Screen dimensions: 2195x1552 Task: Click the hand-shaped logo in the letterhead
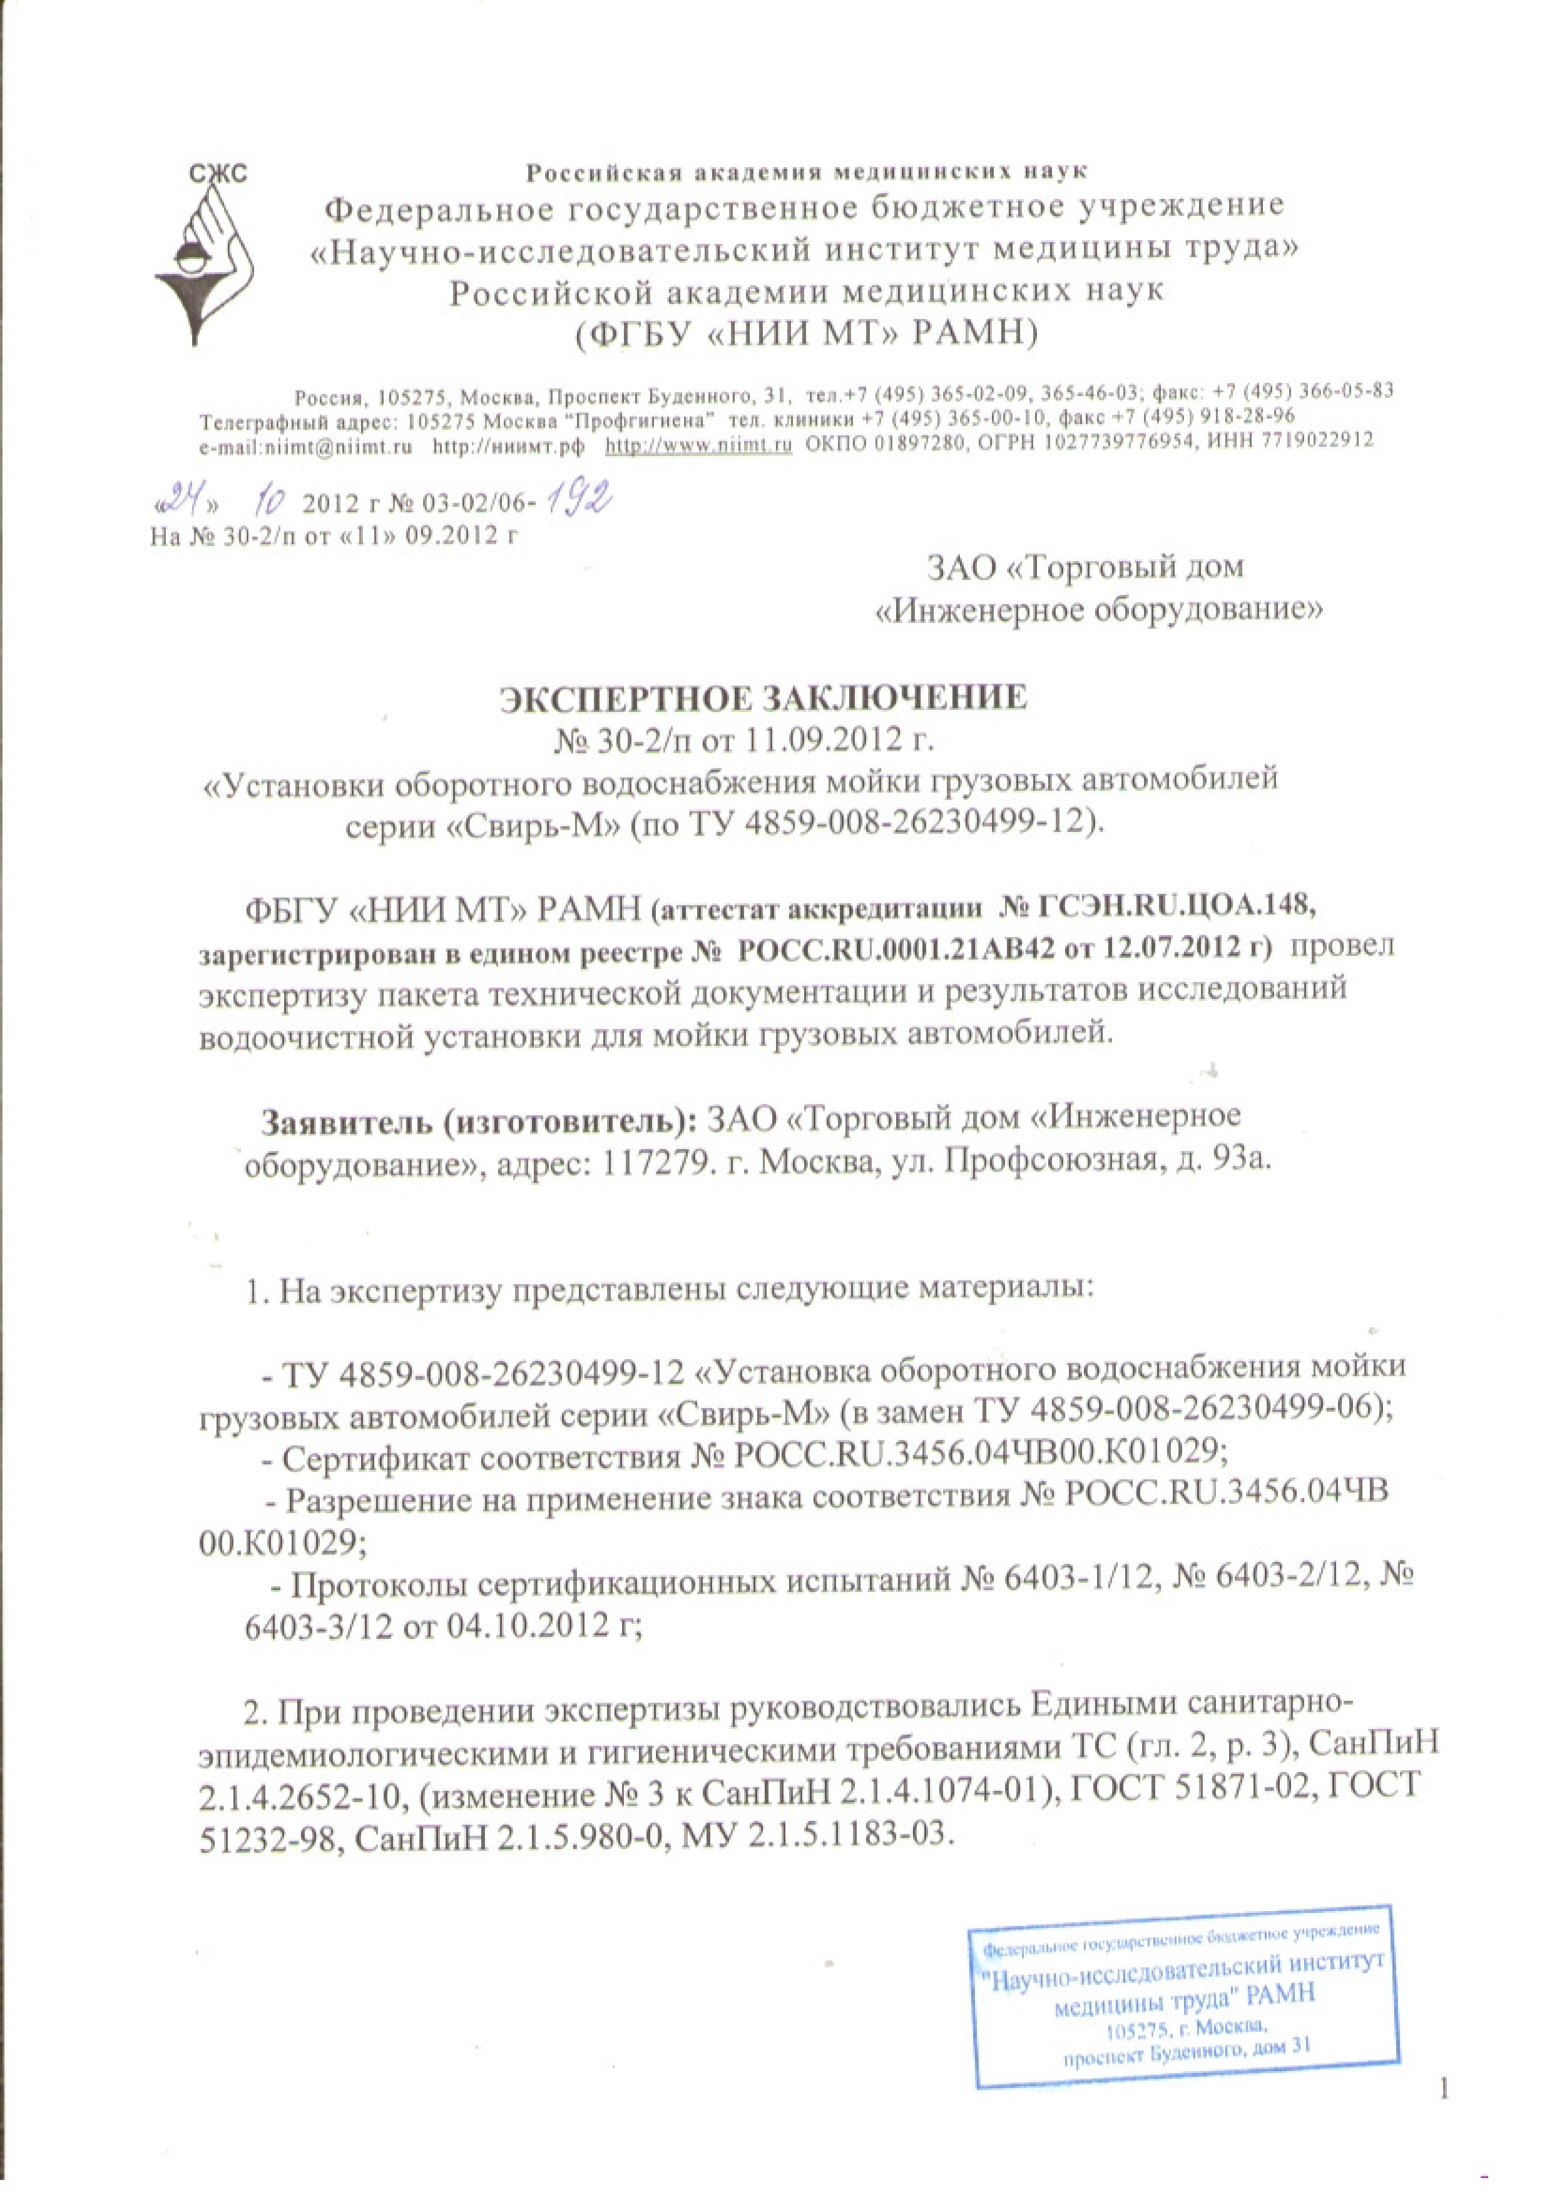(x=203, y=258)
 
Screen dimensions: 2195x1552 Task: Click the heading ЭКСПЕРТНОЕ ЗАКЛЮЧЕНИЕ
(x=765, y=699)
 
